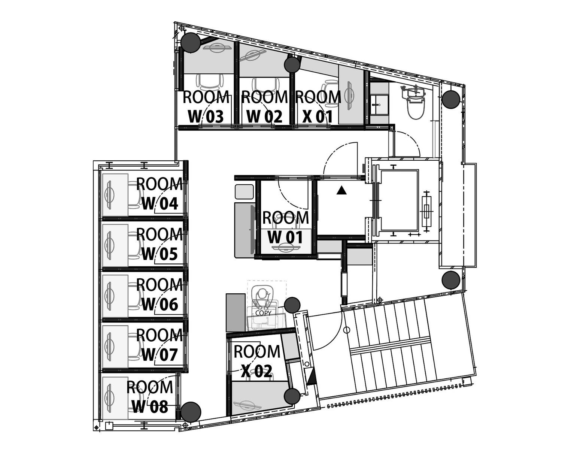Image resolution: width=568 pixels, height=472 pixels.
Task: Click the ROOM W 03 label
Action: click(206, 107)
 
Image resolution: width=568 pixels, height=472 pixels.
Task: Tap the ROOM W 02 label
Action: click(264, 107)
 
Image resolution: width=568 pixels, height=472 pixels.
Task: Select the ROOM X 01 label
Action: click(318, 107)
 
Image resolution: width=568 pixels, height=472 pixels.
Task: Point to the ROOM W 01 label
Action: click(285, 227)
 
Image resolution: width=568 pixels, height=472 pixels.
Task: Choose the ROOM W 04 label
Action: click(160, 194)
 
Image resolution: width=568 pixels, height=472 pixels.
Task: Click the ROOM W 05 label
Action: click(160, 244)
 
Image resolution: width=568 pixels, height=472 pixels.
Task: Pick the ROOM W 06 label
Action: click(160, 294)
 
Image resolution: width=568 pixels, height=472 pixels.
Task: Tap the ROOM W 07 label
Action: click(160, 345)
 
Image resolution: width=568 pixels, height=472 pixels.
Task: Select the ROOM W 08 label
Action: click(150, 397)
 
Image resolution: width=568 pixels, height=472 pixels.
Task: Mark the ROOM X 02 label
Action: click(257, 361)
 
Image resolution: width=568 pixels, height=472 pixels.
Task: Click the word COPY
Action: click(263, 313)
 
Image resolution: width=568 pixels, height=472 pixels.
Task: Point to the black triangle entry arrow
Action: click(341, 190)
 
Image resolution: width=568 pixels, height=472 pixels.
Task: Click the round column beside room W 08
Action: click(191, 412)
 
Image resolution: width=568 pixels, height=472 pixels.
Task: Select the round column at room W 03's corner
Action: click(191, 42)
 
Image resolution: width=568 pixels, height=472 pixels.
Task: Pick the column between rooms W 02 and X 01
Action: click(292, 65)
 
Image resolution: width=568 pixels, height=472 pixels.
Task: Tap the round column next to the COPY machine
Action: click(292, 305)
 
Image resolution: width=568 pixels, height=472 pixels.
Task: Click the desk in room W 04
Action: click(115, 195)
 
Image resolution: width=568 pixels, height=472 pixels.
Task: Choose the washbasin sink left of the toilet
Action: click(380, 105)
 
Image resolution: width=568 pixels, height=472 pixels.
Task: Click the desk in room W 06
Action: click(115, 296)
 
